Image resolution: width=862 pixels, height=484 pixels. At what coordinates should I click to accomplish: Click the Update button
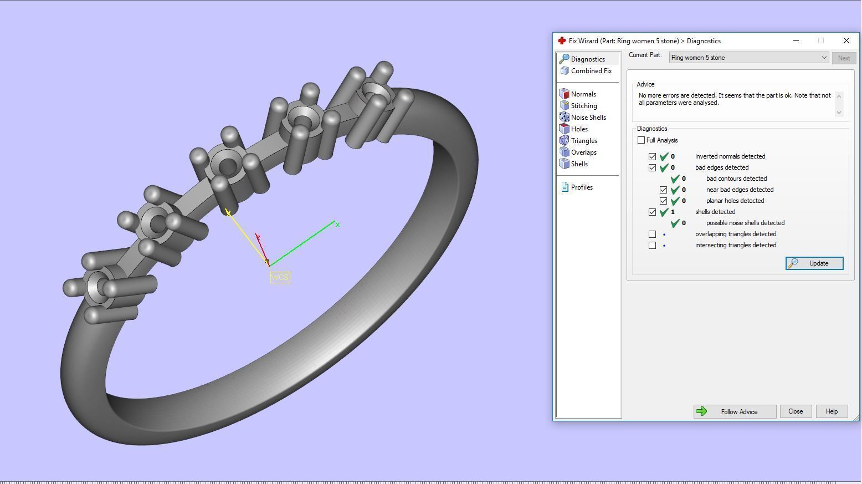814,263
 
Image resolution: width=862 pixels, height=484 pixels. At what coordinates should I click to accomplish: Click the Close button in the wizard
796,411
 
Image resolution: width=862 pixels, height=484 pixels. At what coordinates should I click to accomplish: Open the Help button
832,411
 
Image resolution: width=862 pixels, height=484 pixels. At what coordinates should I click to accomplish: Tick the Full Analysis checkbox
642,140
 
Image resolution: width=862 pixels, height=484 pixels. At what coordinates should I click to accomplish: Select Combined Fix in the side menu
591,71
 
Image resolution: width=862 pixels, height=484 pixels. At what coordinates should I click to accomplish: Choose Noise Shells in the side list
588,118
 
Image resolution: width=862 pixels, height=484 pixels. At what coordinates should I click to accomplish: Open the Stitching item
583,106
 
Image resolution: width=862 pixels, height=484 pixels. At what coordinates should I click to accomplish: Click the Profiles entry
581,187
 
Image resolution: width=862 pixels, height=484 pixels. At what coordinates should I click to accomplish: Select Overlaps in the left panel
583,152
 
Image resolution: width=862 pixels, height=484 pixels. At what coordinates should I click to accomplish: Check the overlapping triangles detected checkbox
653,234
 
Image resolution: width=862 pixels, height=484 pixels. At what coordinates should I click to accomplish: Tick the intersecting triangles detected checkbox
653,245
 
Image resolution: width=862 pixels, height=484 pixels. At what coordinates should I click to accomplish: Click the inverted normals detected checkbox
653,156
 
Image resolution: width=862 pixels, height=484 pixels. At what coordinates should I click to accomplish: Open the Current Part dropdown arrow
824,58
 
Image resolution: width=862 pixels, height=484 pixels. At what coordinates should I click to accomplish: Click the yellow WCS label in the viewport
280,277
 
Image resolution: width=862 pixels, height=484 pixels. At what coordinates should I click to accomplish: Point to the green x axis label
337,225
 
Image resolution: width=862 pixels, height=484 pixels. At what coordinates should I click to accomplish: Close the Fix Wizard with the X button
846,40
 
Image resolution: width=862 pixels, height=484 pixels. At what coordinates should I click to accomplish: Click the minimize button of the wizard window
796,40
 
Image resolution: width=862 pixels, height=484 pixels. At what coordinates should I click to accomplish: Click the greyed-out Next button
843,58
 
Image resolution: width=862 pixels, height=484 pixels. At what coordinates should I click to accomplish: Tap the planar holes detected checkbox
664,201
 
